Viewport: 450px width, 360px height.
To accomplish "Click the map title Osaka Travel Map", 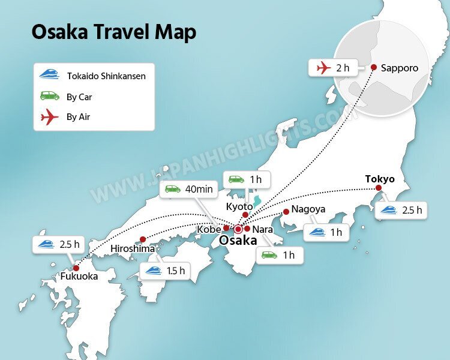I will [114, 32].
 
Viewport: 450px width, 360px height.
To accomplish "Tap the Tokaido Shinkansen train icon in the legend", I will [49, 75].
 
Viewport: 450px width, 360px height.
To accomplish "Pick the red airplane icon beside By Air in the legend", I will [49, 117].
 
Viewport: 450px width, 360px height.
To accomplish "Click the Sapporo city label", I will [400, 68].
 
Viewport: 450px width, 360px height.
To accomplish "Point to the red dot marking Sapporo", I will [374, 67].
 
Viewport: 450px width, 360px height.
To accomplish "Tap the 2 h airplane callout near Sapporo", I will [335, 68].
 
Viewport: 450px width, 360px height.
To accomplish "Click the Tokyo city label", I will [380, 179].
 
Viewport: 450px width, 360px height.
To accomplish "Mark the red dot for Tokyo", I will [379, 189].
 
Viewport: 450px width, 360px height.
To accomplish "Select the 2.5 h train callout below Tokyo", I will [401, 211].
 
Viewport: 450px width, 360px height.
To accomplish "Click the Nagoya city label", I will [308, 209].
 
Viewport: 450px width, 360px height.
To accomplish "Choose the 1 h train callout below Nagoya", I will [326, 232].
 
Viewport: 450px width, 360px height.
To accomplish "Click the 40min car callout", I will [190, 190].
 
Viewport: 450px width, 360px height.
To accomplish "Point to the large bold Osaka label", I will [238, 241].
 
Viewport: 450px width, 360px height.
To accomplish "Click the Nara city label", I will [263, 229].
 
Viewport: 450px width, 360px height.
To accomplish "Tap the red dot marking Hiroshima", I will [143, 239].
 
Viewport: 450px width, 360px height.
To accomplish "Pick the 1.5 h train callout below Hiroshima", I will [164, 271].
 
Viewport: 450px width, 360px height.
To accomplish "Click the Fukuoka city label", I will [79, 277].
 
